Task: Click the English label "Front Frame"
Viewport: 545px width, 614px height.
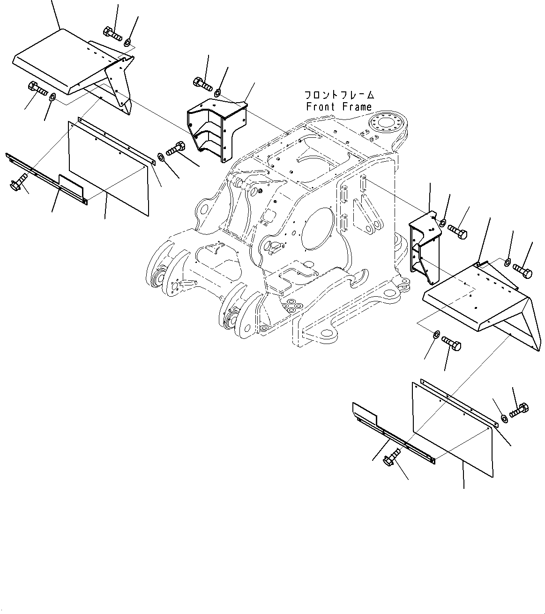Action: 339,107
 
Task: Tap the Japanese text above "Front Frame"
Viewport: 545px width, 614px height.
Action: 339,95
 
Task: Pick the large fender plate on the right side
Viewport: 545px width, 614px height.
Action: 473,295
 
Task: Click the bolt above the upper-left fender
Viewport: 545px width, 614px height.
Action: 112,33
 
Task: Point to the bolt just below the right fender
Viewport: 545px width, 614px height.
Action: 452,344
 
